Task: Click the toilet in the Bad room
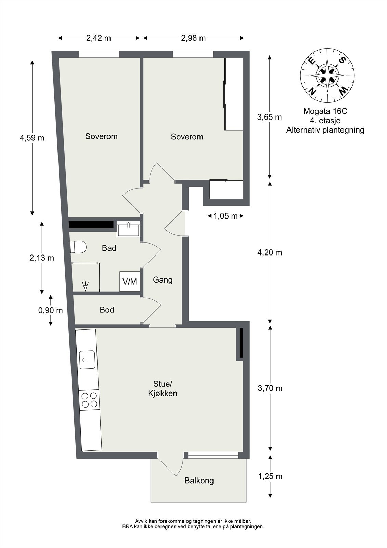point(78,247)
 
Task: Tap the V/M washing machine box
point(130,282)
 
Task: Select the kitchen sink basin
point(87,360)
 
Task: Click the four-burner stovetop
point(89,400)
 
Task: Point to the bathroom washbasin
point(128,229)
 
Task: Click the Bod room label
point(107,310)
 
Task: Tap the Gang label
point(163,280)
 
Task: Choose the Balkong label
point(199,481)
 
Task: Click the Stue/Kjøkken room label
point(163,388)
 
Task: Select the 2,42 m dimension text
point(99,38)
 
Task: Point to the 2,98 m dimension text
point(193,38)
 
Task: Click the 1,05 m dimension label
point(225,216)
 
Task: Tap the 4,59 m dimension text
point(32,138)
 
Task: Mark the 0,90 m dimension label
point(50,310)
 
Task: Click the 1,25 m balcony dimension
point(270,476)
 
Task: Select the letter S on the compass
point(343,60)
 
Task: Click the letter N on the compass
point(312,91)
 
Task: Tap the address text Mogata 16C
point(325,111)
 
